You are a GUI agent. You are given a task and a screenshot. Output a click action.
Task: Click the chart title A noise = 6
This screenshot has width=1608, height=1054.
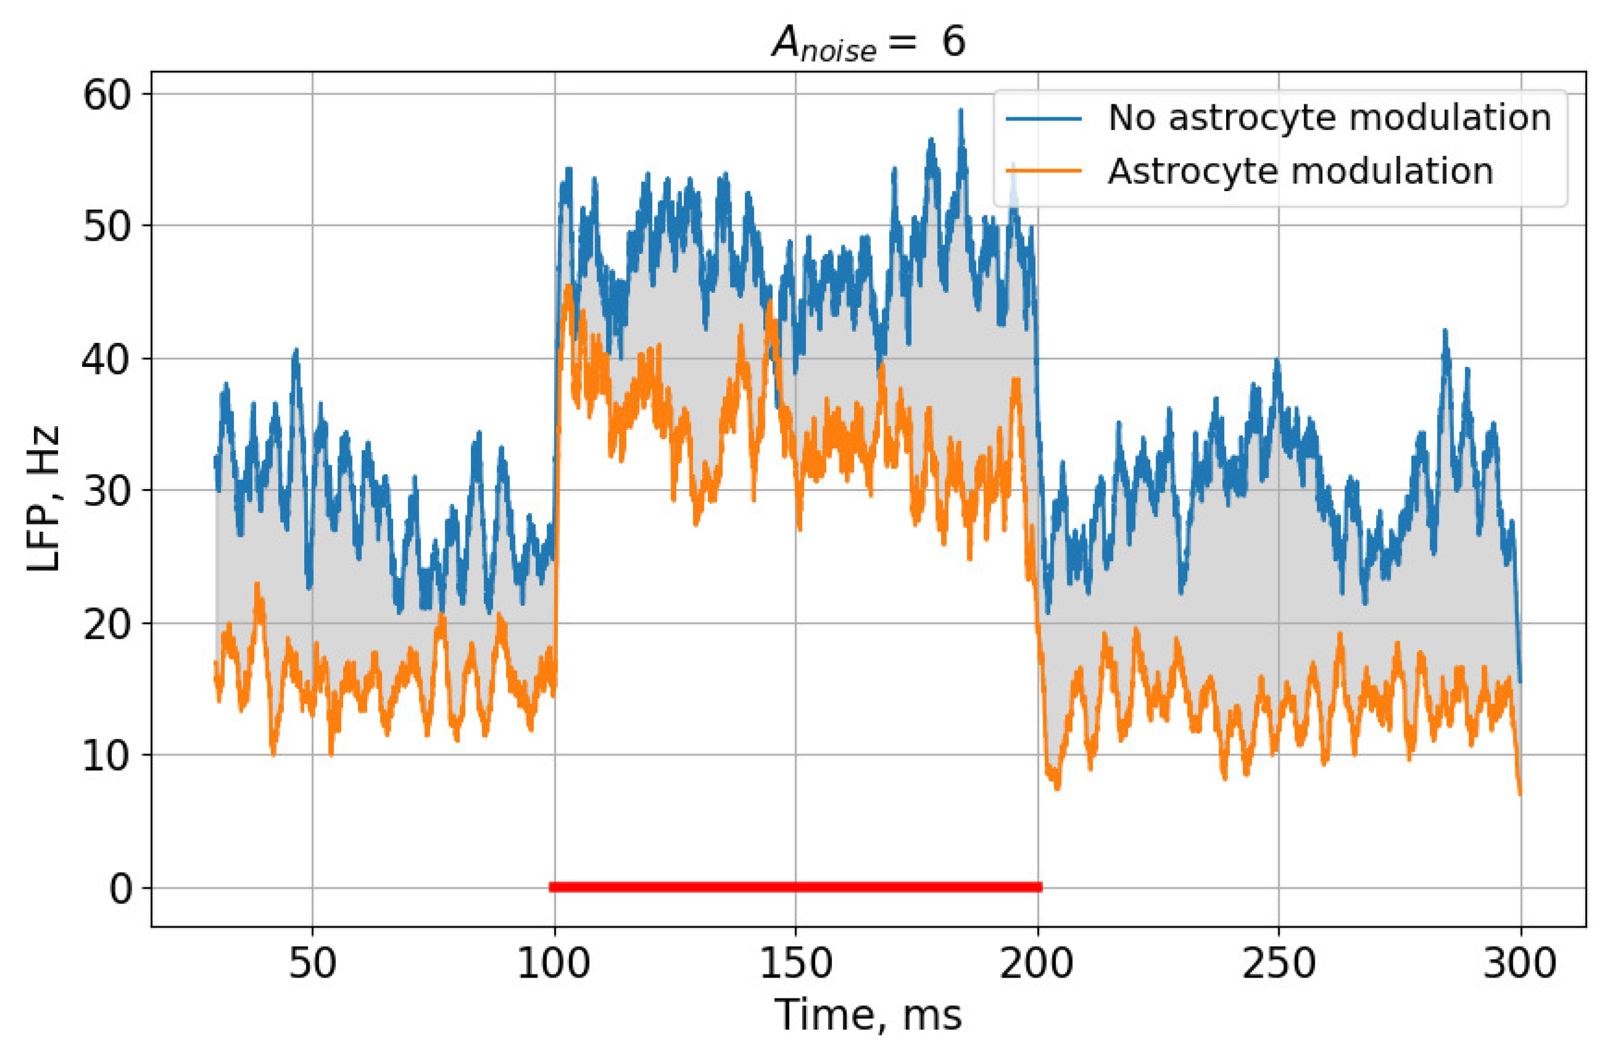(x=869, y=42)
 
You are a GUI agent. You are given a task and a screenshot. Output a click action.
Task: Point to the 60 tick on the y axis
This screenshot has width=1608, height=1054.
(x=106, y=94)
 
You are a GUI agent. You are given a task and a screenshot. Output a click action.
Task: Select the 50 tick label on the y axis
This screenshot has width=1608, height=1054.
(x=106, y=226)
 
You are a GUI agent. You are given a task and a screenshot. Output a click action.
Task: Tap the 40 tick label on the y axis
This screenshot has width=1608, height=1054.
(x=106, y=359)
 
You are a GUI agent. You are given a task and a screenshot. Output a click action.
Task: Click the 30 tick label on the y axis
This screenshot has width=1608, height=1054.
(x=106, y=492)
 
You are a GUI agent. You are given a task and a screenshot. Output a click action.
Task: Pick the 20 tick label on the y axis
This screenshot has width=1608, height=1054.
(x=106, y=625)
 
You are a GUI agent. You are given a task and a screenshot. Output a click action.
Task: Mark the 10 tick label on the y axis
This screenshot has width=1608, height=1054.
(x=106, y=756)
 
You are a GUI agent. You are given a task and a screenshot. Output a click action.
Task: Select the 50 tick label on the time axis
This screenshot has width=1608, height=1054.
(x=312, y=963)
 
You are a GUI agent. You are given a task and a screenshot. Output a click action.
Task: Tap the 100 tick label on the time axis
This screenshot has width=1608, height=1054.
(x=553, y=963)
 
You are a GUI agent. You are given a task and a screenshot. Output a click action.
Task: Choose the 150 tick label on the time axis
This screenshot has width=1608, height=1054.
(x=795, y=963)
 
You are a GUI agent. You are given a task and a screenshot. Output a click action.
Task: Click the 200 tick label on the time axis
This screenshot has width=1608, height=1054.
(x=1037, y=963)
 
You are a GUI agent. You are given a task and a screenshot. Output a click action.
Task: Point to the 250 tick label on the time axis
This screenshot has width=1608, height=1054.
(x=1279, y=963)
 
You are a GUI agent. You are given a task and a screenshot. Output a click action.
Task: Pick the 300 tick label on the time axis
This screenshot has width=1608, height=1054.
(x=1520, y=963)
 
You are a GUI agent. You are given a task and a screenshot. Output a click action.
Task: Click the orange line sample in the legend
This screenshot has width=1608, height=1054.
(x=1044, y=171)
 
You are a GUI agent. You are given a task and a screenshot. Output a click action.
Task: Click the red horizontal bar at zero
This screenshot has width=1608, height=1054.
(x=795, y=886)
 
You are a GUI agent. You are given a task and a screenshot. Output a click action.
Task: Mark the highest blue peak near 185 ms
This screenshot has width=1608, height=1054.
(x=960, y=112)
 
